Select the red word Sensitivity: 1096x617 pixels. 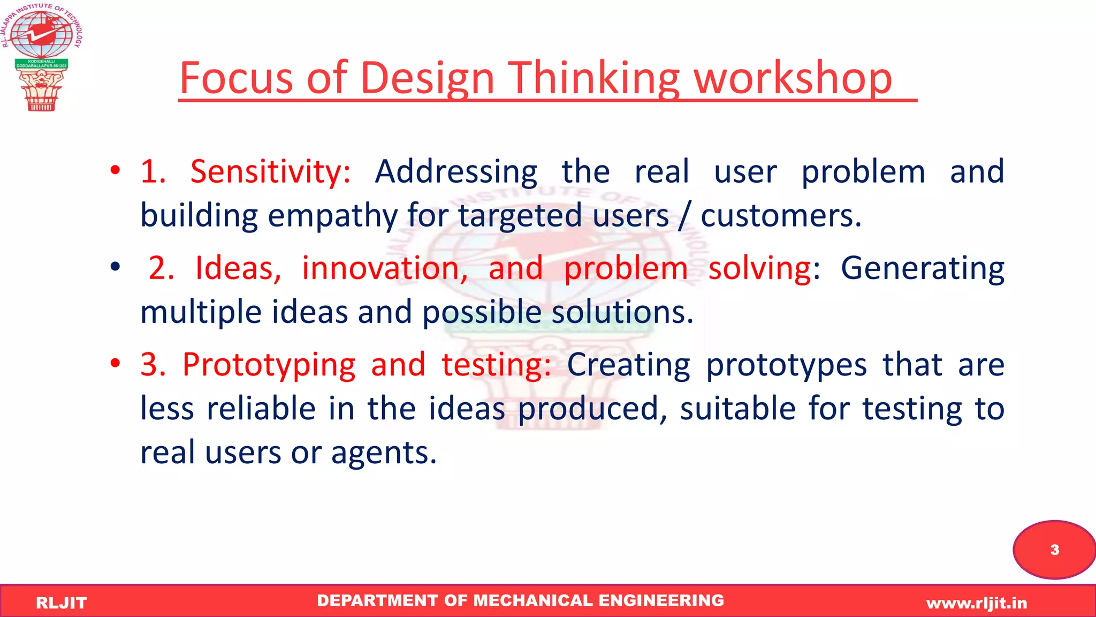tap(270, 172)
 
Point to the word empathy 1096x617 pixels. tap(332, 216)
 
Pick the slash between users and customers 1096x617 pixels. tap(684, 216)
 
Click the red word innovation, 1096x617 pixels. tap(385, 268)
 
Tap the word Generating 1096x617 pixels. tap(922, 268)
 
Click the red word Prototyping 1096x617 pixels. tap(269, 365)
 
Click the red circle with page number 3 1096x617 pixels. tap(1054, 550)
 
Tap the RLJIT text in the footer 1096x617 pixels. tap(61, 603)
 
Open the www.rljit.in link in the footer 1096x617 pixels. tap(977, 604)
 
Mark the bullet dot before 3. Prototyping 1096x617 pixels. tap(115, 364)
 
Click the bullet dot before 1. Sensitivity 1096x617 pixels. tap(115, 171)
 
